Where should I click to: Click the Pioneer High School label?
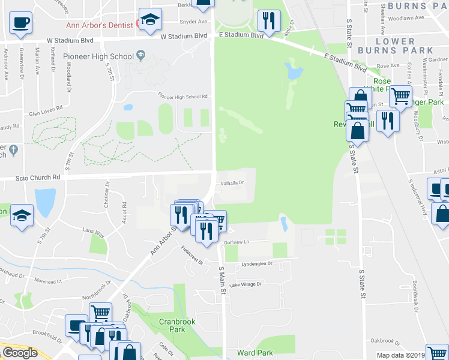click(98, 56)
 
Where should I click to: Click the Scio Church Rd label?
click(40, 178)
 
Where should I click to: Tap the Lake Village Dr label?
click(246, 284)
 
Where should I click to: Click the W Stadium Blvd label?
click(184, 36)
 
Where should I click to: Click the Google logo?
click(20, 353)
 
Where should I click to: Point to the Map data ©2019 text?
click(400, 355)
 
